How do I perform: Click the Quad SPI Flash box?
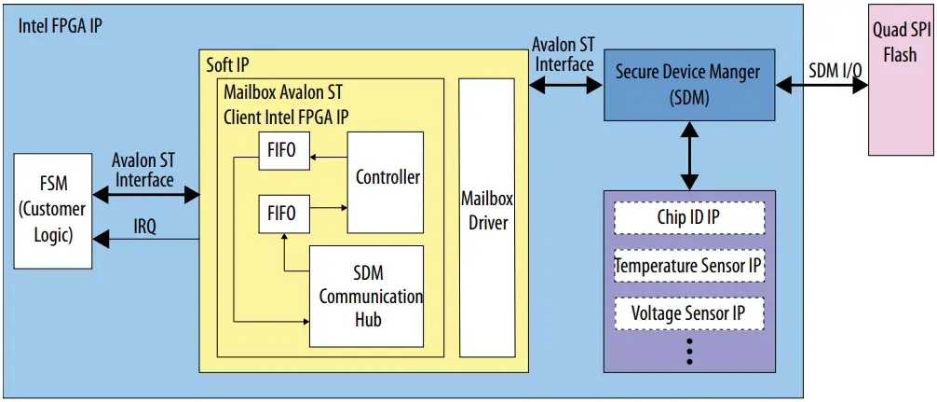901,78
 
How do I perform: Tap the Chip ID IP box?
688,218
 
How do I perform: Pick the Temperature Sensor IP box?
688,267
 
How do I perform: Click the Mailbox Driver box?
486,216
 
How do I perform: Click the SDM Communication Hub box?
366,296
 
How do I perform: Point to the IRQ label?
144,227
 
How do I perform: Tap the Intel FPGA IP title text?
61,25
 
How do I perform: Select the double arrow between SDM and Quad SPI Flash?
822,85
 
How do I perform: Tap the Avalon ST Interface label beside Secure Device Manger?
563,55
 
